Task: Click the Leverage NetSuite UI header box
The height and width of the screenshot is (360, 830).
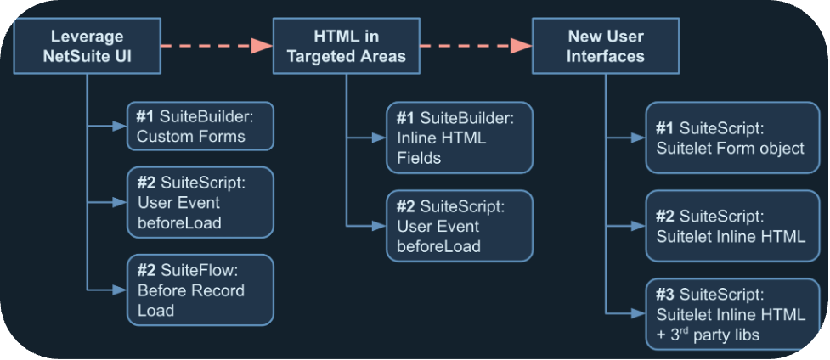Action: (x=87, y=47)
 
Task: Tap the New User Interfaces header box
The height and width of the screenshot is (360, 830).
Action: (x=605, y=47)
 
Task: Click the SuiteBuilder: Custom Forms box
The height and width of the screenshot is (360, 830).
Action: (x=200, y=126)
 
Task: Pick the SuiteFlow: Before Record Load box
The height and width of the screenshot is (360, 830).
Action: (x=200, y=290)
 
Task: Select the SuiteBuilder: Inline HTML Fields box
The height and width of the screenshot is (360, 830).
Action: (x=460, y=138)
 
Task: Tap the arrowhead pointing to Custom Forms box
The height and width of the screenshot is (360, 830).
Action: (x=120, y=127)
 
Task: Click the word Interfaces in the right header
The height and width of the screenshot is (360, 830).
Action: (x=605, y=57)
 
